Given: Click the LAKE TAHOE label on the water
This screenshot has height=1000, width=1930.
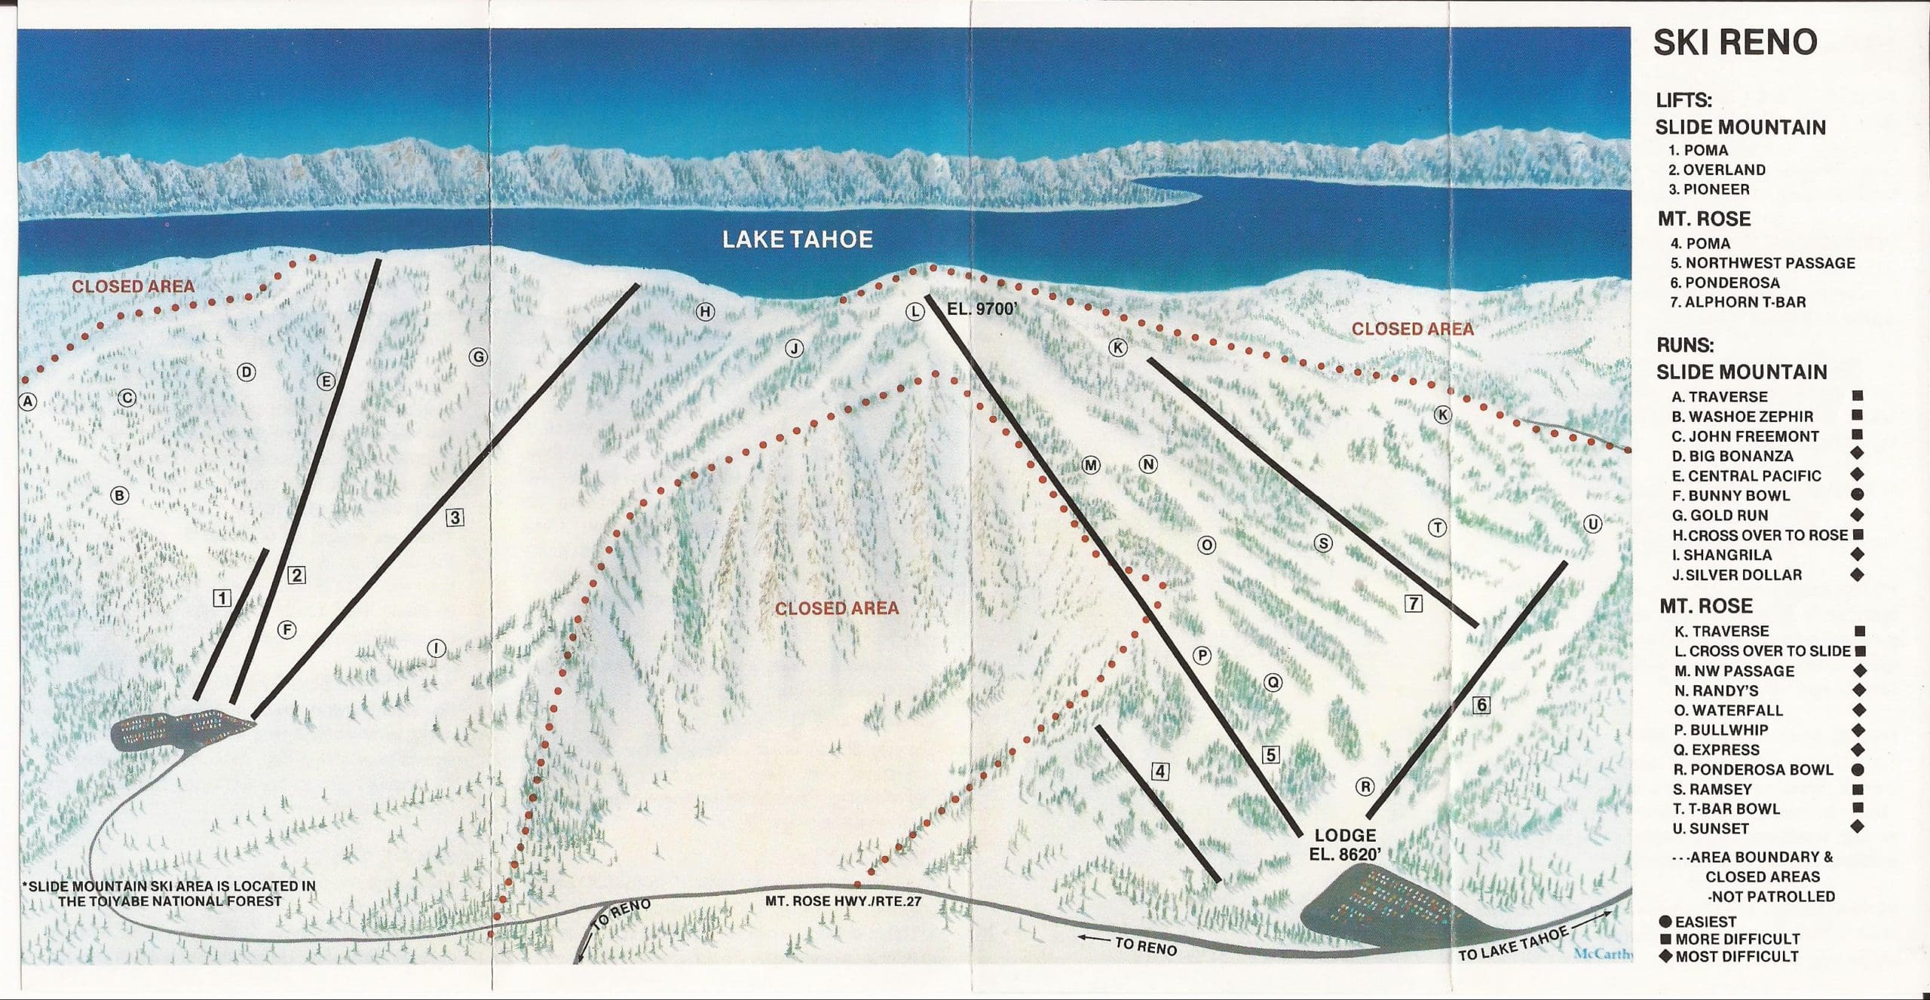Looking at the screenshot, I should [x=797, y=240].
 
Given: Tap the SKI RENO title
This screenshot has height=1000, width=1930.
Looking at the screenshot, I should [x=1735, y=43].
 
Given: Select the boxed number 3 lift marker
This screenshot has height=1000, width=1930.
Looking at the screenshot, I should [x=455, y=518].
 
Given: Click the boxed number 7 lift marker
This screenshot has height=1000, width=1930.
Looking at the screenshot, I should [x=1413, y=604].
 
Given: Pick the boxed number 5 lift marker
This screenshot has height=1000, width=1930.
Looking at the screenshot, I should [x=1271, y=754].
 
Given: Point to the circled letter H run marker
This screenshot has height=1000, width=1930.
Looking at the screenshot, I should [x=705, y=311].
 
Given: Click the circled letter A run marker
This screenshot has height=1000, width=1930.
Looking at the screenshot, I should [x=28, y=402].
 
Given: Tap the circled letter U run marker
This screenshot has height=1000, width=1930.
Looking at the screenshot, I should [x=1592, y=524].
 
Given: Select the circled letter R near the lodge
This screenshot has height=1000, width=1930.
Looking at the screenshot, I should [x=1365, y=787].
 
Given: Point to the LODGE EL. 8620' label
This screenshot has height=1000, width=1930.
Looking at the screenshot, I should [x=1346, y=845].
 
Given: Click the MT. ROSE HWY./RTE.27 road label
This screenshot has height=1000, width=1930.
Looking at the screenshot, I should [x=843, y=901].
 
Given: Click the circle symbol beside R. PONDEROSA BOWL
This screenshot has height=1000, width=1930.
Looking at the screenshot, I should [x=1858, y=770].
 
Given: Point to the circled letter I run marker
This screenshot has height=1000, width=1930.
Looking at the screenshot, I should [x=436, y=648].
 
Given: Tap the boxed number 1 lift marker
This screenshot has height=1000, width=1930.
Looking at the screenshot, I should [x=222, y=598].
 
